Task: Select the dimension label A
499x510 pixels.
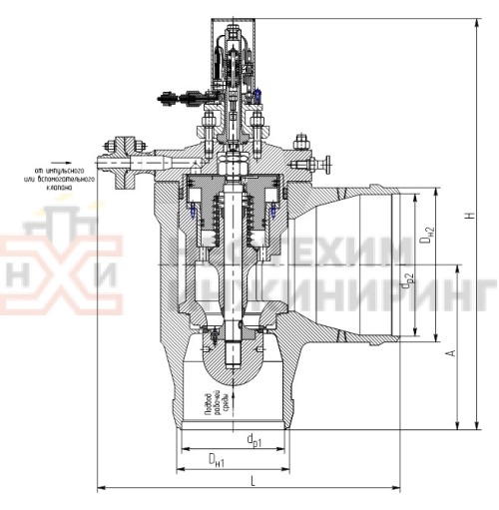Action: tap(451, 353)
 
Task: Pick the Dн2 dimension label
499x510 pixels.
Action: tap(426, 236)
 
